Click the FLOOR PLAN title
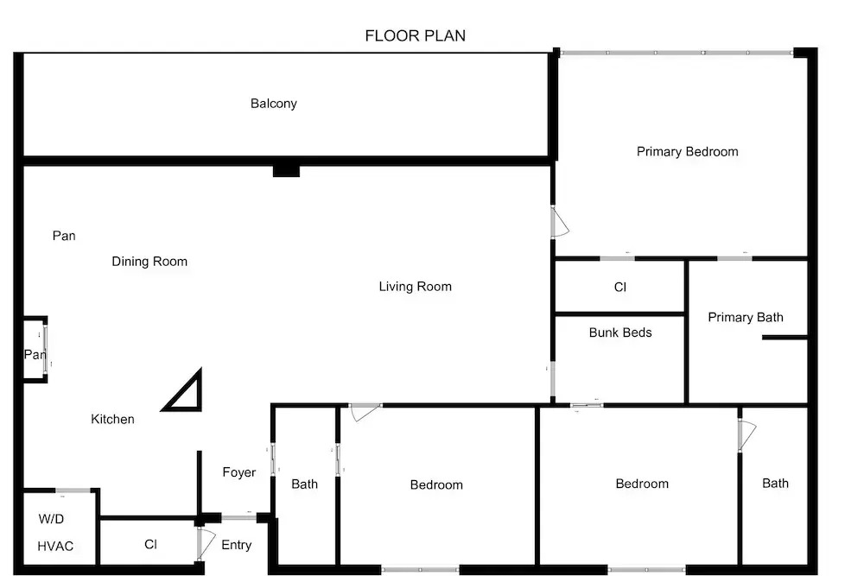415,35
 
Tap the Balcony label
273,104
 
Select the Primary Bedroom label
687,151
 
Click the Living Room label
415,287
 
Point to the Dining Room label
149,262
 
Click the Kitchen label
112,419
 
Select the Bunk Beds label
619,332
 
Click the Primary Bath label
745,317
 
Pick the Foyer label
239,472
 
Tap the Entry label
237,545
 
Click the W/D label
51,519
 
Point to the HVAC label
55,547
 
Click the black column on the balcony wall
286,170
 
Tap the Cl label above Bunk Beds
619,287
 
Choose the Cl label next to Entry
150,544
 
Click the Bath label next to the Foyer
304,484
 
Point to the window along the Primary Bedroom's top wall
677,53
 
